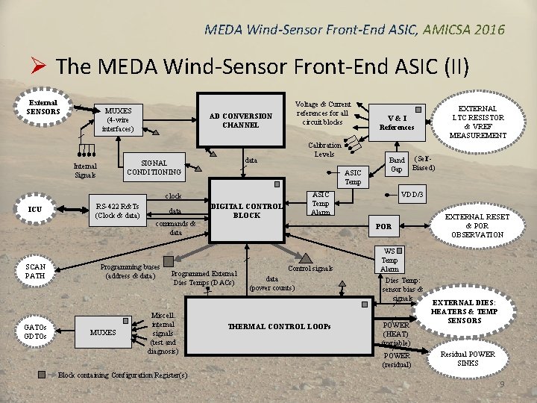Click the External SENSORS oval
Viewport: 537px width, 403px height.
43,107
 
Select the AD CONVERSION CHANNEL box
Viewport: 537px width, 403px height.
241,120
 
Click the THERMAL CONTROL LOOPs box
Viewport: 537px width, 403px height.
279,327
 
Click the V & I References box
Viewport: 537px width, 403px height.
397,122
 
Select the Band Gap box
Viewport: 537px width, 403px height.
398,164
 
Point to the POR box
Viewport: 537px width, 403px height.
383,226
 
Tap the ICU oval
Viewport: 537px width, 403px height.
35,210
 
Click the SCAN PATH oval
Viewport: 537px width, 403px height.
35,271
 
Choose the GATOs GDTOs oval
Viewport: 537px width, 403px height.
35,331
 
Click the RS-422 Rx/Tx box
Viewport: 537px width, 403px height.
117,211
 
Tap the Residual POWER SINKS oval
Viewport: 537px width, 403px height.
468,358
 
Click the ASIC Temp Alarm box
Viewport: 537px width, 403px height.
320,202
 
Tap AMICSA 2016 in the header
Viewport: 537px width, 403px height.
463,30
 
